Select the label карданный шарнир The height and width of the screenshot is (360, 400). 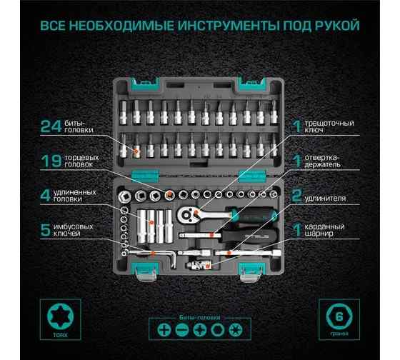[x=324, y=231]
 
